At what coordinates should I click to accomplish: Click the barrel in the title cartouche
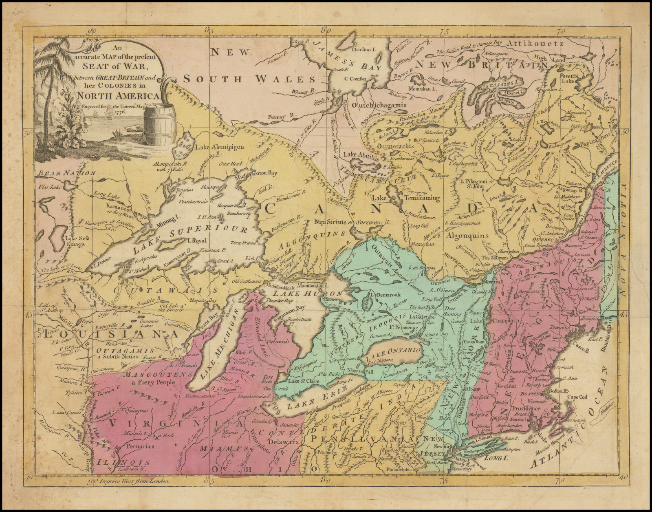159,124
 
